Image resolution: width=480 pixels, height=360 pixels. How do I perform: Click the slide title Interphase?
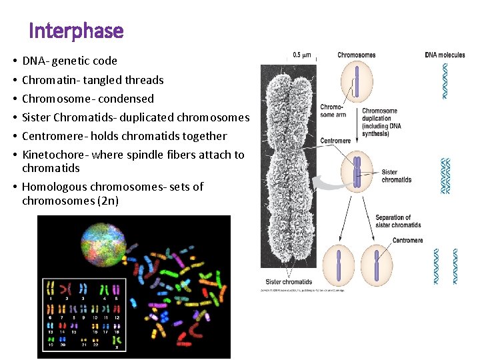(76, 31)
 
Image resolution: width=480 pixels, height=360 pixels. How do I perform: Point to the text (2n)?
(107, 201)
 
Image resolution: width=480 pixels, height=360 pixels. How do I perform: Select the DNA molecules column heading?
(445, 55)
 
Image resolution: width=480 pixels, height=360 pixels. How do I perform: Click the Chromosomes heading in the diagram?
(356, 55)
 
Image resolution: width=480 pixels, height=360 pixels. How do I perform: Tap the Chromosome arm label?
(332, 111)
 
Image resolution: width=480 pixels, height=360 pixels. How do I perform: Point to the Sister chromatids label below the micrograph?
(289, 282)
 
